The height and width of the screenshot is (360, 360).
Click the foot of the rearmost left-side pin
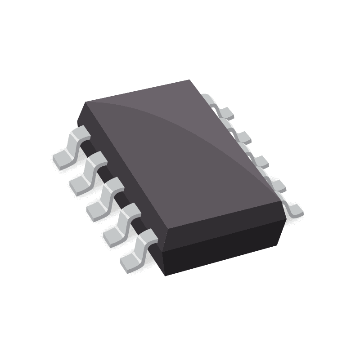pos(62,159)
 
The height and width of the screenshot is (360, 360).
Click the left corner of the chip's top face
pos(85,102)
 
